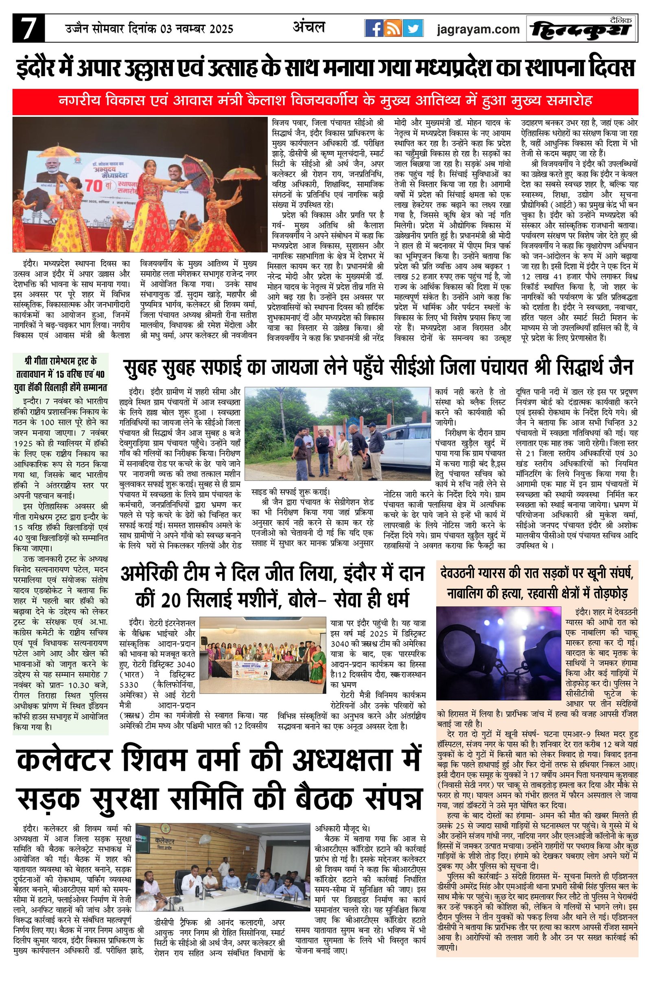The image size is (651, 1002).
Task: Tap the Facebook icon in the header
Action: point(373,28)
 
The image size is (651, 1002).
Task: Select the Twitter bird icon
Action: point(413,28)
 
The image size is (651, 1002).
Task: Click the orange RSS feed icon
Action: point(393,28)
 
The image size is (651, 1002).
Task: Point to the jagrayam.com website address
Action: point(478,29)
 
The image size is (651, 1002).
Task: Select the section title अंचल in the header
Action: point(309,27)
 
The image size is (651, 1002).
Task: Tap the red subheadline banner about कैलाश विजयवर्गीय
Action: point(325,101)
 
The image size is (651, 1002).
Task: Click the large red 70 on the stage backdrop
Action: point(97,186)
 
